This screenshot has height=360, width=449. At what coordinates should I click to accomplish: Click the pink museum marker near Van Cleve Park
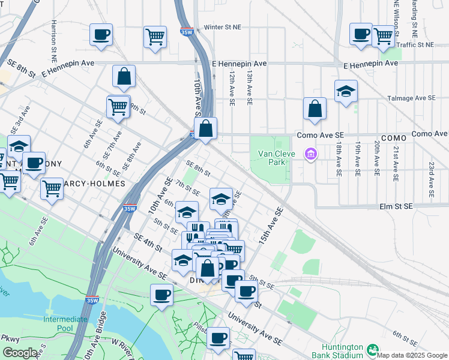[310, 155]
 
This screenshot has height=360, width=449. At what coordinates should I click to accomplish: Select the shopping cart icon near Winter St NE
[155, 37]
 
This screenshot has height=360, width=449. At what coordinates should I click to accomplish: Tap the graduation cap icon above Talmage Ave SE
[346, 91]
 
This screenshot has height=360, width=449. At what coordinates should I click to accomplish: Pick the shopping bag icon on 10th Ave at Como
[205, 128]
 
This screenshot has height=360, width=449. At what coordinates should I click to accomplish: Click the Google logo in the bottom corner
[20, 353]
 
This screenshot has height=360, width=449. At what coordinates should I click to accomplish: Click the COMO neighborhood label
[394, 138]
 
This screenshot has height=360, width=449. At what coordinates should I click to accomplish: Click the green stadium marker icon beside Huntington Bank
[373, 349]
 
